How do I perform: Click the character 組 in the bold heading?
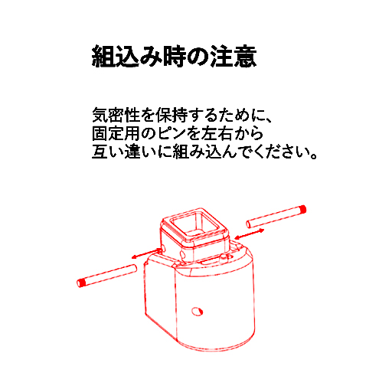pyautogui.click(x=103, y=57)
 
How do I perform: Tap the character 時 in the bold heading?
pyautogui.click(x=175, y=57)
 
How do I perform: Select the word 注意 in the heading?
pyautogui.click(x=234, y=57)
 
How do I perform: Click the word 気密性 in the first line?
pyautogui.click(x=116, y=115)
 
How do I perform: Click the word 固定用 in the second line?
pyautogui.click(x=116, y=133)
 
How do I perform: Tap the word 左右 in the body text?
pyautogui.click(x=217, y=133)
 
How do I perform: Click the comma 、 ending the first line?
pyautogui.click(x=268, y=119)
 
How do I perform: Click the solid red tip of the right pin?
pyautogui.click(x=303, y=210)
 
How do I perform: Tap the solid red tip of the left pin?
pyautogui.click(x=80, y=283)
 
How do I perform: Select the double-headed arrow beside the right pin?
pyautogui.click(x=250, y=234)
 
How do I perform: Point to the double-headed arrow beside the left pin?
pyautogui.click(x=146, y=253)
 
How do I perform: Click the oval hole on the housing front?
pyautogui.click(x=197, y=312)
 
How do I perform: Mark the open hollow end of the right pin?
pyautogui.click(x=248, y=224)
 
